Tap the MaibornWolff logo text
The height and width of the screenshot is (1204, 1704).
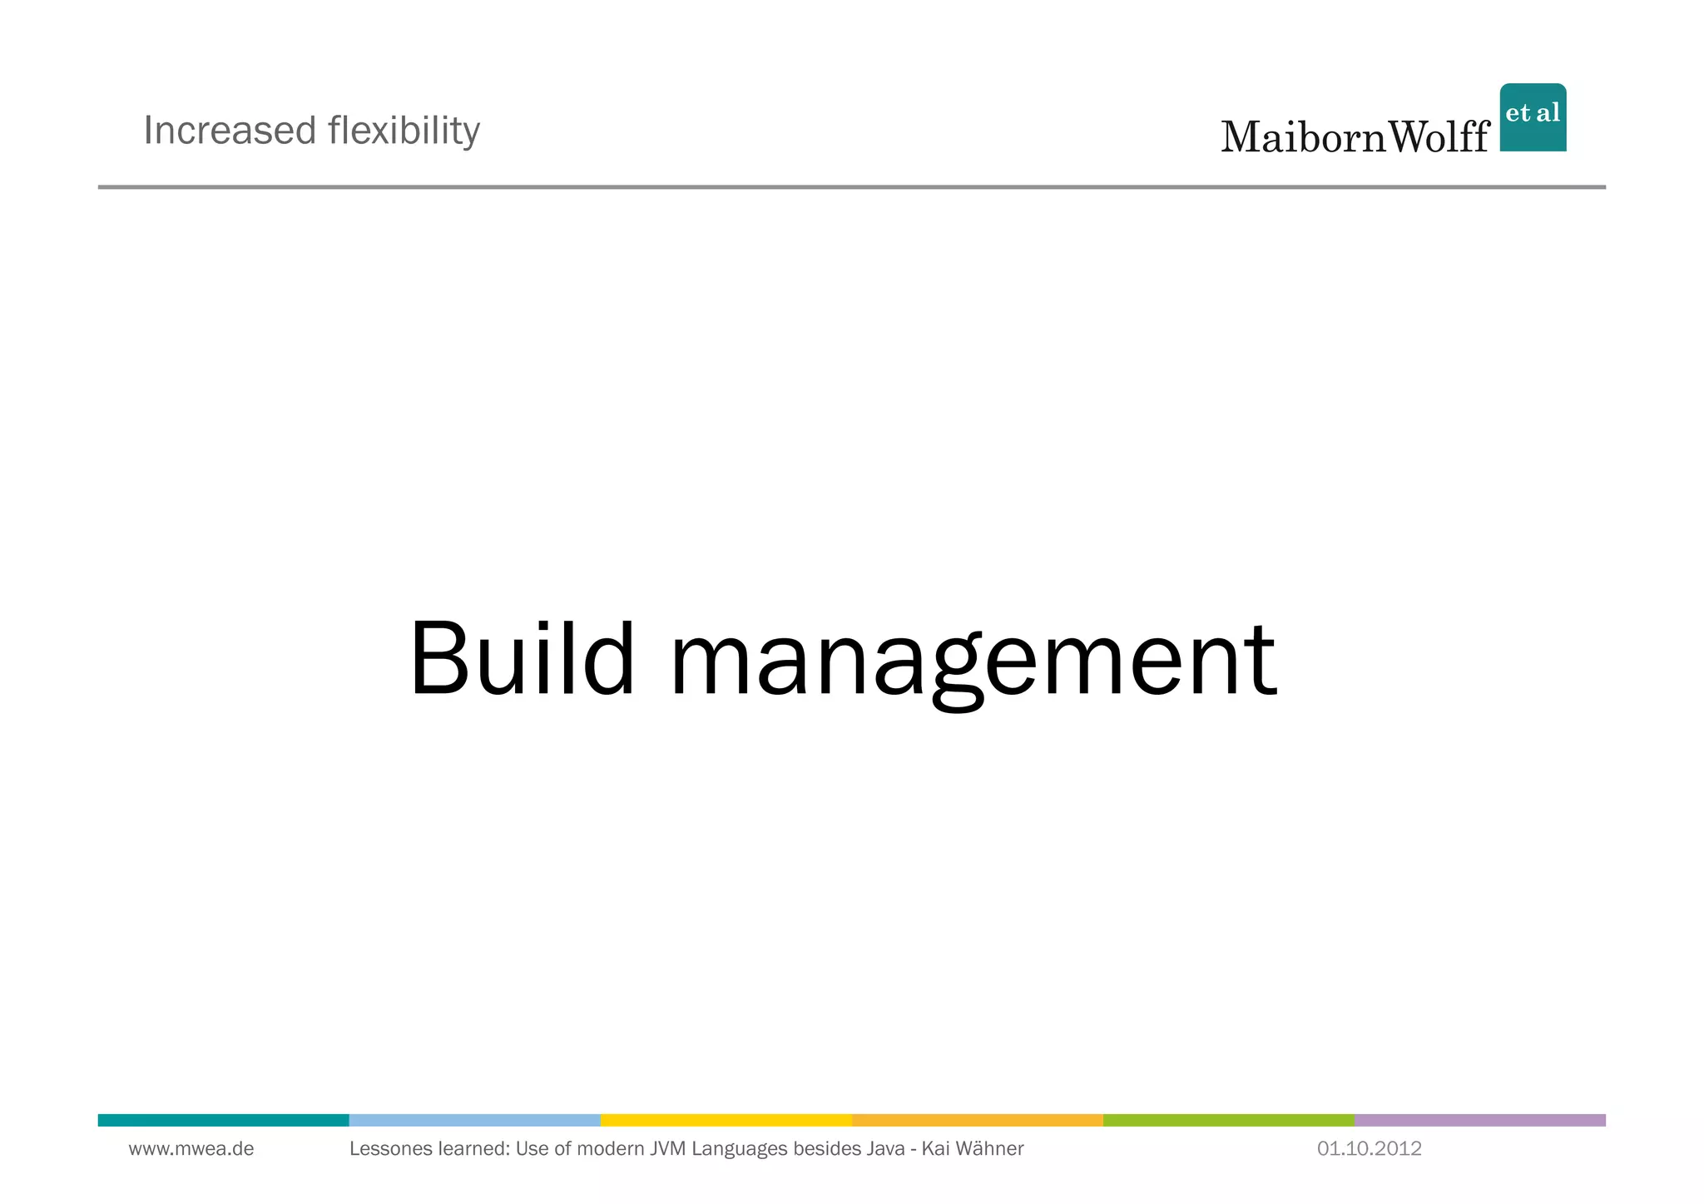pyautogui.click(x=1355, y=136)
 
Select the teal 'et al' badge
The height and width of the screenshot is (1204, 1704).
pyautogui.click(x=1533, y=117)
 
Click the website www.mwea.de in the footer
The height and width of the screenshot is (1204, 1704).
pyautogui.click(x=191, y=1149)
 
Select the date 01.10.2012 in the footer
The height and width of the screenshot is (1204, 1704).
pyautogui.click(x=1370, y=1149)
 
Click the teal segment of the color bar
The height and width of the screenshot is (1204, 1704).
pyautogui.click(x=223, y=1120)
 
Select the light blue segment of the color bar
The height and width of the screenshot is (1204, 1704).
pyautogui.click(x=474, y=1120)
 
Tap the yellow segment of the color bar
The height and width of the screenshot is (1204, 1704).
pyautogui.click(x=726, y=1120)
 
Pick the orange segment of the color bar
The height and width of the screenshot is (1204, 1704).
pyautogui.click(x=977, y=1120)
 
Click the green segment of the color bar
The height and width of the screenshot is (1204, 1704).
pyautogui.click(x=1228, y=1120)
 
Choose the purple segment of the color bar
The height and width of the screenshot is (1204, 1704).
pyautogui.click(x=1479, y=1120)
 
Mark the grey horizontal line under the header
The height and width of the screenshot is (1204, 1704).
pyautogui.click(x=852, y=187)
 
